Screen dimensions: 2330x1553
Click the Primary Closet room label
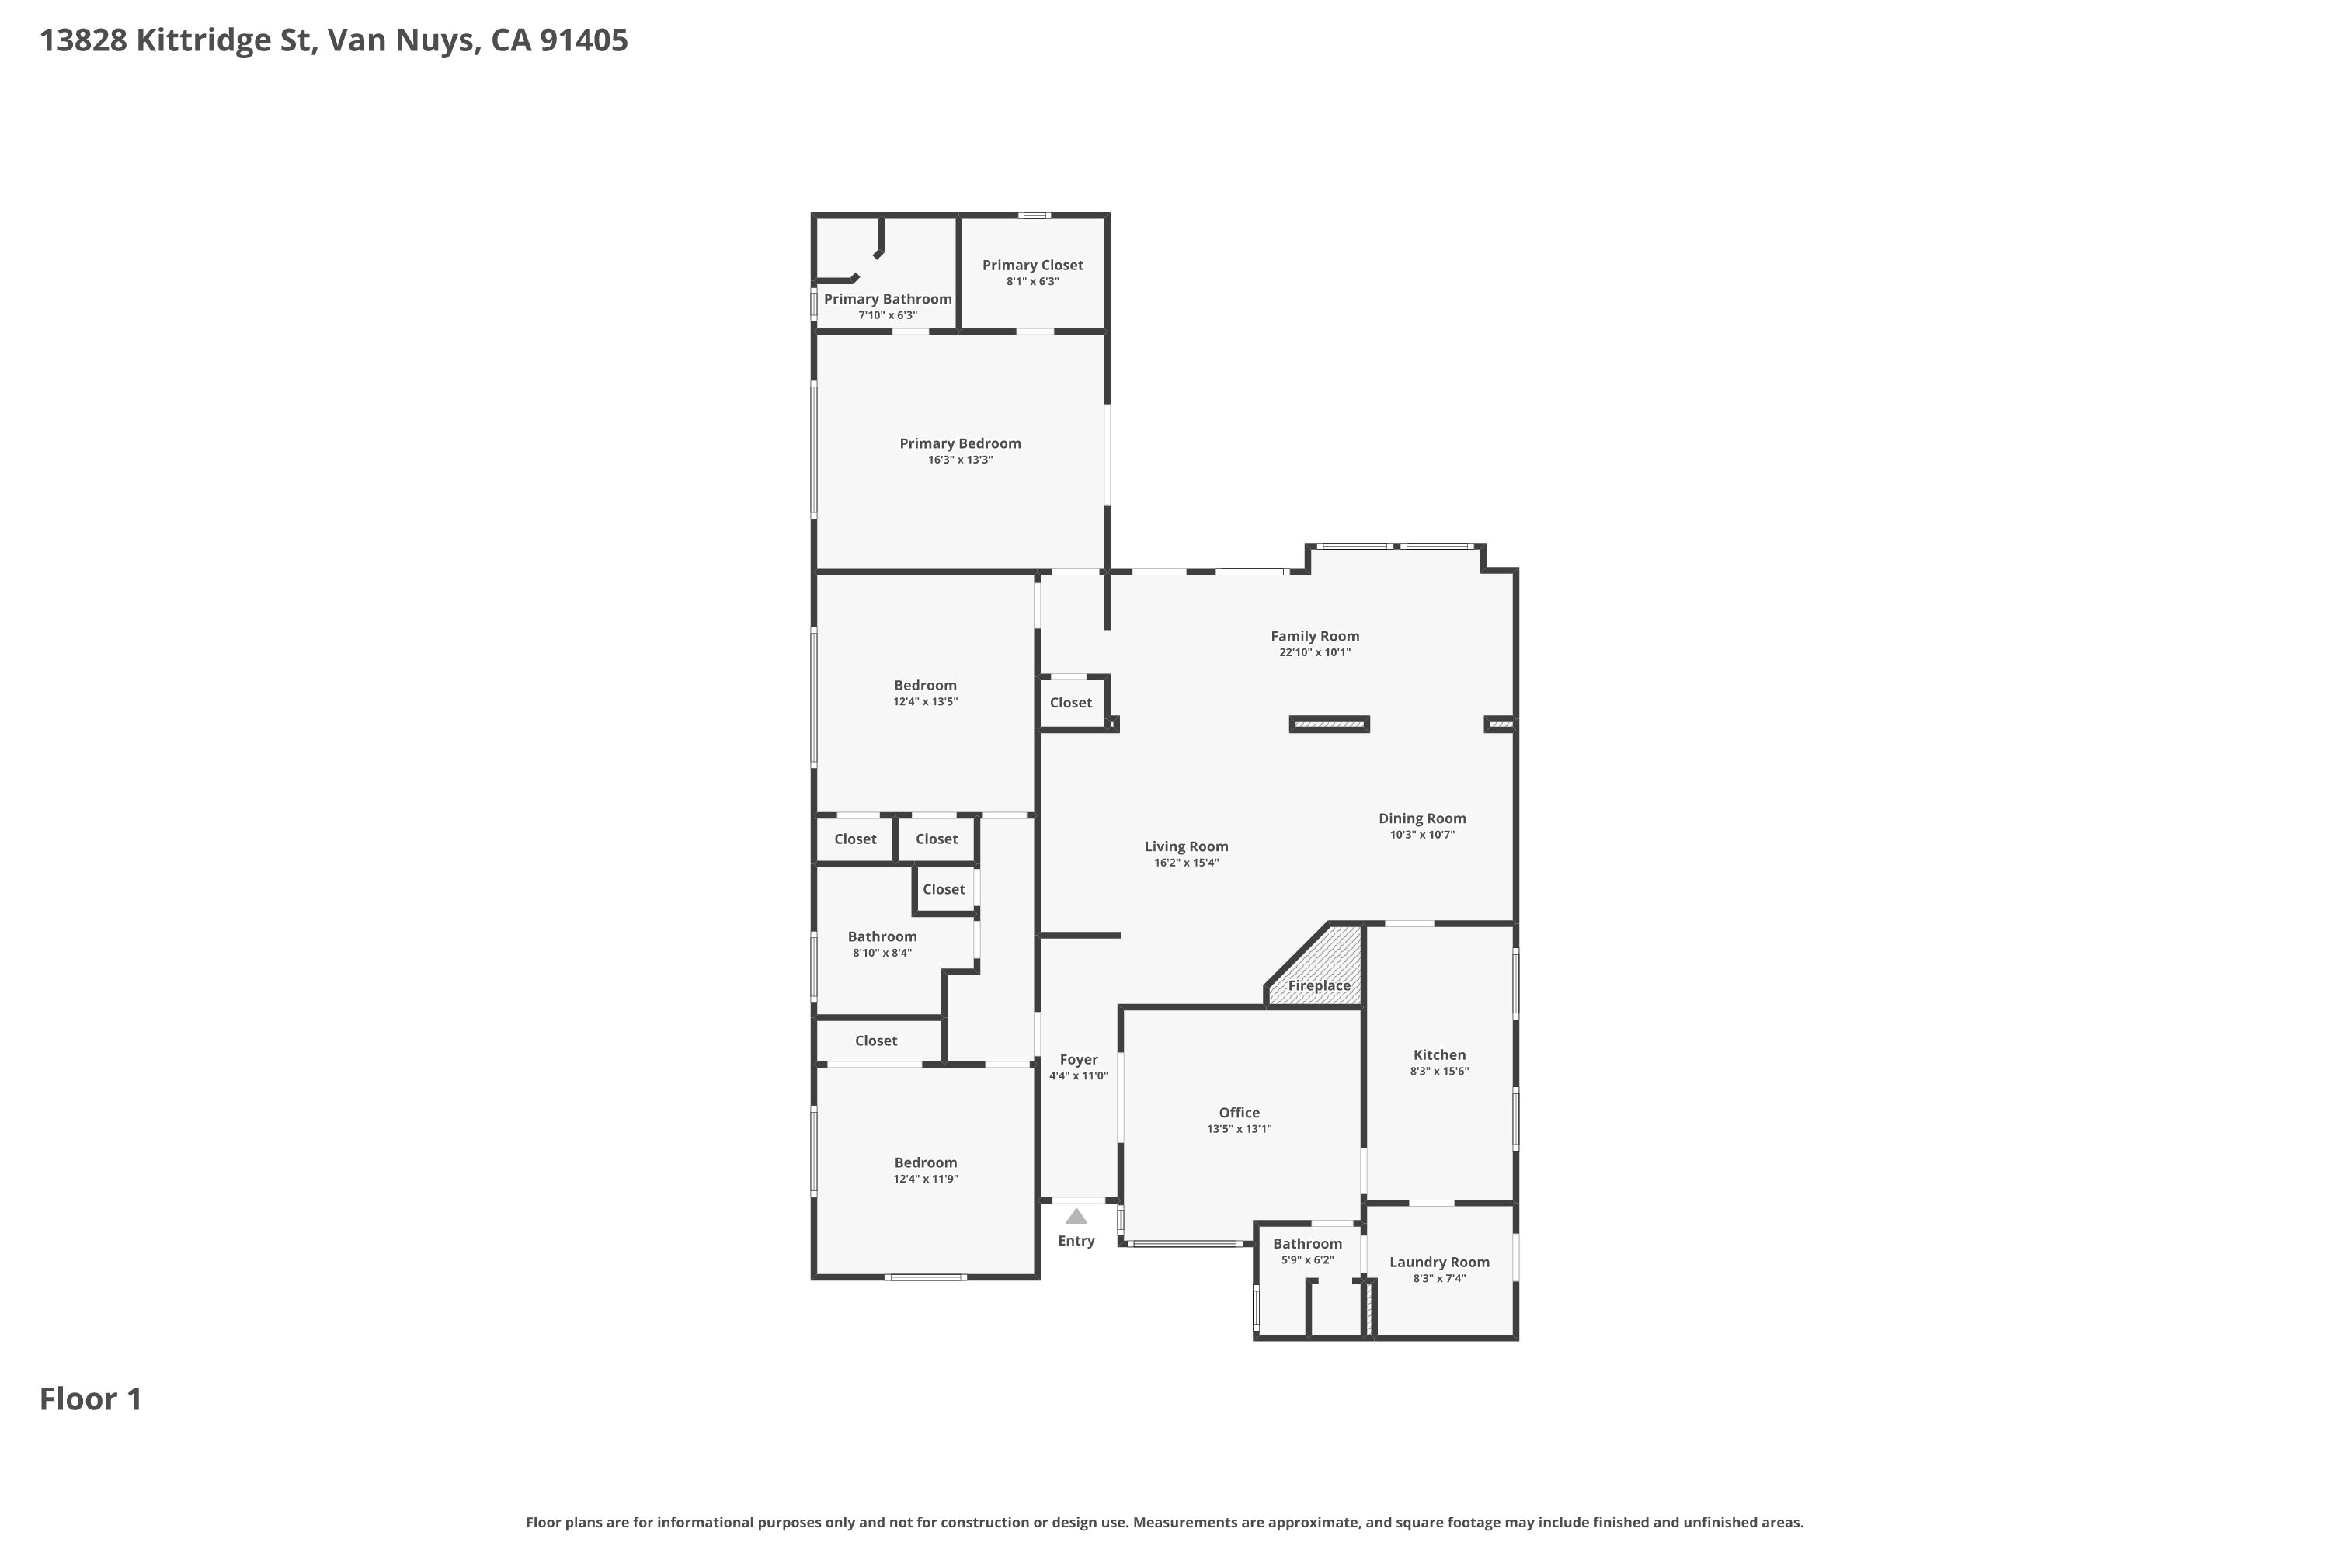click(x=1032, y=266)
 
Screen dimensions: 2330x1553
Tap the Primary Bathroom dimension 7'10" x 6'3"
click(x=888, y=316)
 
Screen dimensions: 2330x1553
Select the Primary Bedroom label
click(x=960, y=443)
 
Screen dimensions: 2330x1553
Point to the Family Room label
click(x=1315, y=637)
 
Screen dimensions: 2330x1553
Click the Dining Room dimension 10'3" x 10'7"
click(x=1421, y=835)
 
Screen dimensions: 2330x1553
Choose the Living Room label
click(x=1186, y=847)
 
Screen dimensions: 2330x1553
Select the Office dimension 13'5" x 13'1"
click(x=1240, y=1129)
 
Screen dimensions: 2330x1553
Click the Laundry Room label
click(x=1439, y=1263)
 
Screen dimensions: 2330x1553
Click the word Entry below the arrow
click(x=1076, y=1241)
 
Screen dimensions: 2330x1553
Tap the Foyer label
click(x=1079, y=1060)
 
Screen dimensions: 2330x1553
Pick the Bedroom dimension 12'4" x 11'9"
click(x=925, y=1180)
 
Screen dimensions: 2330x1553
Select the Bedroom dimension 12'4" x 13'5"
click(x=925, y=702)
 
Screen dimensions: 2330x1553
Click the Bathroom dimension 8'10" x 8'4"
click(x=882, y=954)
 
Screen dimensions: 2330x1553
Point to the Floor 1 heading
click(x=91, y=1399)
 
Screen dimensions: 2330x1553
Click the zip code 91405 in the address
click(x=583, y=40)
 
